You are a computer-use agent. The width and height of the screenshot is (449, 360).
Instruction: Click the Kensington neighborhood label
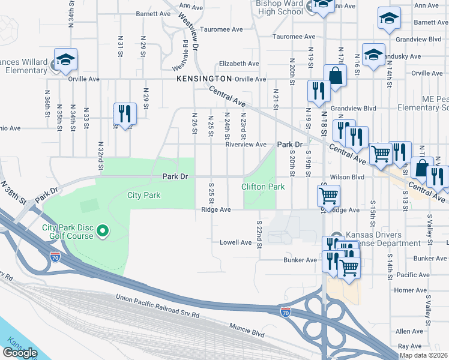pyautogui.click(x=204, y=79)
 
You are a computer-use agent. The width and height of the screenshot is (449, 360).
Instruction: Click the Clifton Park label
pyautogui.click(x=263, y=187)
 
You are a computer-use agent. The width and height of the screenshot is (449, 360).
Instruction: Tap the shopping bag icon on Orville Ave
pyautogui.click(x=335, y=76)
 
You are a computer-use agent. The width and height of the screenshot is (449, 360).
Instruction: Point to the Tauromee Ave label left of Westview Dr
pyautogui.click(x=221, y=29)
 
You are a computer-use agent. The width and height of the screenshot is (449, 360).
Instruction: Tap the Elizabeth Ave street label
pyautogui.click(x=239, y=63)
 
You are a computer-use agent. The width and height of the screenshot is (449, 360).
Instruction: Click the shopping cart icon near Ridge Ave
pyautogui.click(x=328, y=194)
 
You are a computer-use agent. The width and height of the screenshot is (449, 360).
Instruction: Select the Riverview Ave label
pyautogui.click(x=246, y=145)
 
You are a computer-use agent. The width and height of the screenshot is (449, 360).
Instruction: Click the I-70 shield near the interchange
pyautogui.click(x=286, y=312)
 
